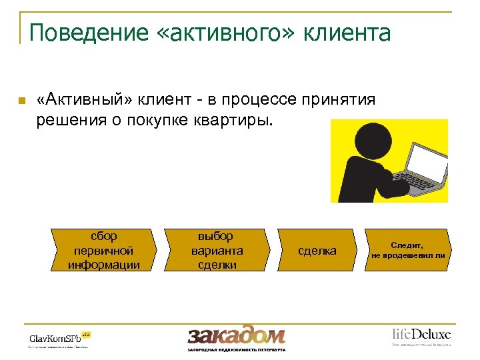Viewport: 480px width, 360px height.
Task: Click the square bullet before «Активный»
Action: point(21,101)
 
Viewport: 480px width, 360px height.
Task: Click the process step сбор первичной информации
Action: point(103,251)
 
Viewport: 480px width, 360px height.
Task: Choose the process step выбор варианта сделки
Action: point(217,251)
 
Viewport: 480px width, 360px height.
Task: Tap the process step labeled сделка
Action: point(317,251)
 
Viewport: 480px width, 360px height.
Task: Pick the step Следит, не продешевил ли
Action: point(408,251)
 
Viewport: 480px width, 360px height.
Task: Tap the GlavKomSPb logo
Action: point(55,337)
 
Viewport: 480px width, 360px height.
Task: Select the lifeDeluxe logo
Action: point(421,333)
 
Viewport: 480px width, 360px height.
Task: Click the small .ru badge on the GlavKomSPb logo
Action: point(86,332)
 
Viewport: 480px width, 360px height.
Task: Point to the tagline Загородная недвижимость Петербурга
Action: point(236,349)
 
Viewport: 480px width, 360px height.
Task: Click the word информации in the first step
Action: point(103,265)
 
